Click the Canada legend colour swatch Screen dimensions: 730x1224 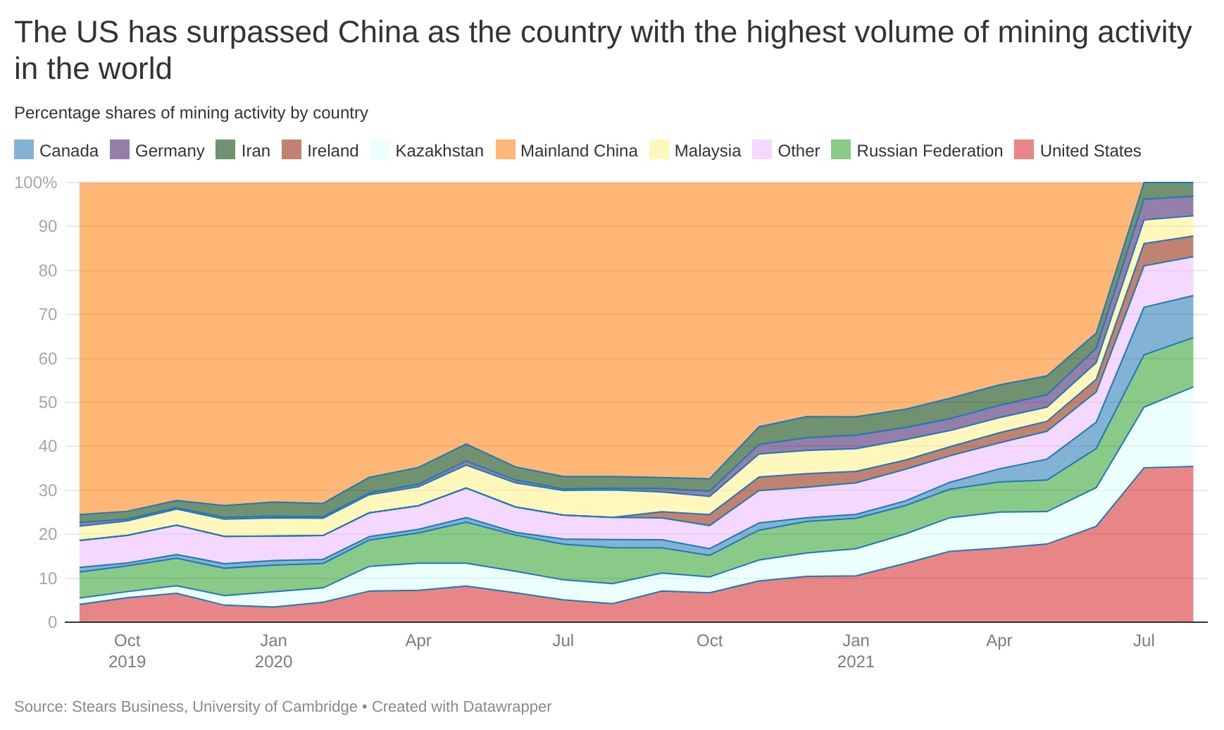pyautogui.click(x=24, y=150)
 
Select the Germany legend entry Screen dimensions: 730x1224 pyautogui.click(x=169, y=151)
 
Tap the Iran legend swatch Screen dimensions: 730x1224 pyautogui.click(x=225, y=150)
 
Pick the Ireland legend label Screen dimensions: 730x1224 pyautogui.click(x=332, y=151)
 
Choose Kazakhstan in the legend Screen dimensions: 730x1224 pyautogui.click(x=439, y=151)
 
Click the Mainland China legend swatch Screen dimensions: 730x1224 pyautogui.click(x=506, y=150)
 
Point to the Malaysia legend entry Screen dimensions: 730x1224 pyautogui.click(x=707, y=151)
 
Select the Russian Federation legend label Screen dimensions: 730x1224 pyautogui.click(x=929, y=151)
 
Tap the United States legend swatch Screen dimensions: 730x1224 pyautogui.click(x=1024, y=150)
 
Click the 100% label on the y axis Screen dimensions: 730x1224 pyautogui.click(x=36, y=182)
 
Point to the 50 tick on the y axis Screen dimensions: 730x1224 pyautogui.click(x=48, y=402)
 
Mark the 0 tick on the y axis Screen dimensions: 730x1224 pyautogui.click(x=52, y=622)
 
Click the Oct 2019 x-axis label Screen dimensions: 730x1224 pyautogui.click(x=127, y=650)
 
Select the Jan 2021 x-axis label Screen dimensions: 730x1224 pyautogui.click(x=856, y=650)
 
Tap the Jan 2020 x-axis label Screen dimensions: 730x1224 pyautogui.click(x=273, y=650)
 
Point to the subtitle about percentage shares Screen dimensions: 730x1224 pyautogui.click(x=191, y=113)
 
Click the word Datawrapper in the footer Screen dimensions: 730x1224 pyautogui.click(x=505, y=706)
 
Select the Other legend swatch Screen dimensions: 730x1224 pyautogui.click(x=762, y=150)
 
